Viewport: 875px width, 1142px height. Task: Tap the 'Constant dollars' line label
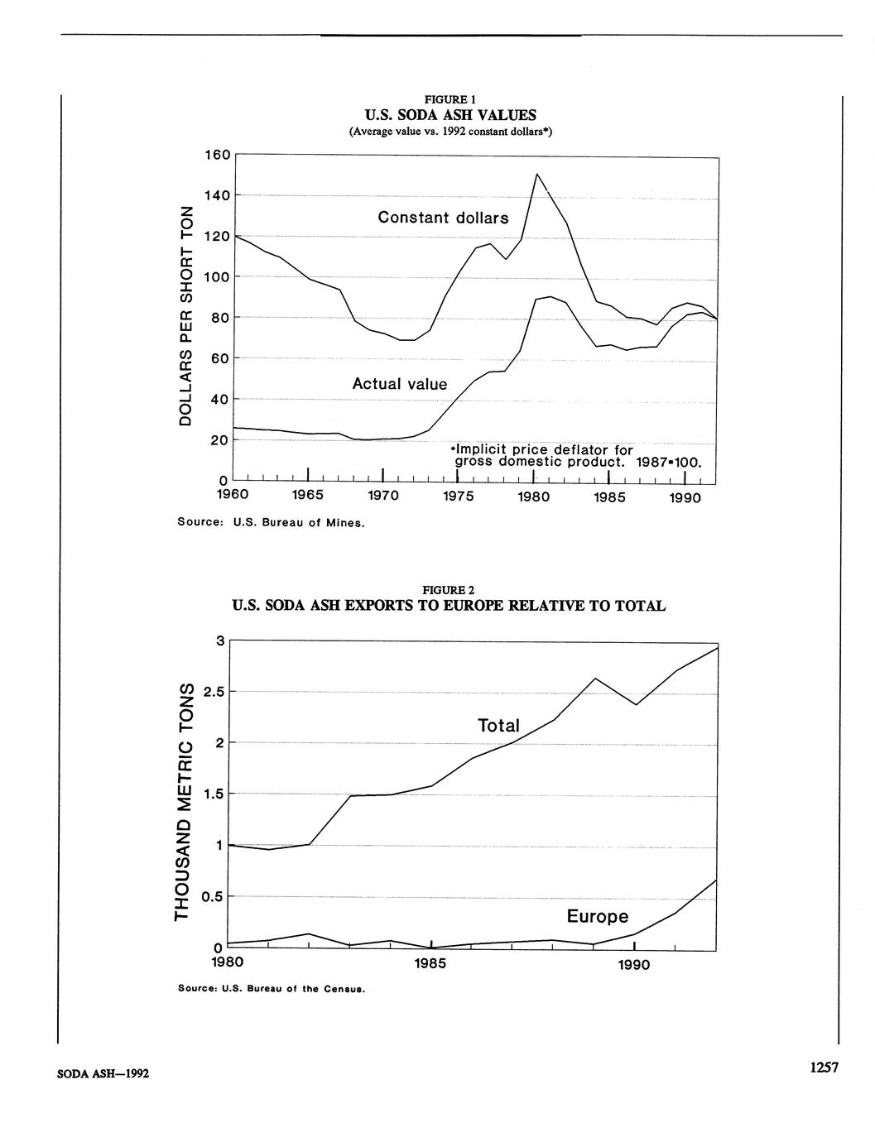pyautogui.click(x=443, y=218)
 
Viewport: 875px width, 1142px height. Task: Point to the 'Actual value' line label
pyautogui.click(x=399, y=384)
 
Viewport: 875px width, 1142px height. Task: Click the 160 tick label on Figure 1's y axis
pyautogui.click(x=217, y=155)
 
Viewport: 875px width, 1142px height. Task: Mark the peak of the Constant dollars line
pyautogui.click(x=537, y=174)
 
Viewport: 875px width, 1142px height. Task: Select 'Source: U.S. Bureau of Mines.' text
pyautogui.click(x=271, y=523)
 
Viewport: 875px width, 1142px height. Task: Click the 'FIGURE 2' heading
pyautogui.click(x=448, y=590)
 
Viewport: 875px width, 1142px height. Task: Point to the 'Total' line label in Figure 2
pyautogui.click(x=498, y=726)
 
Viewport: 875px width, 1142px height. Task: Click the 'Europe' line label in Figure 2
pyautogui.click(x=597, y=917)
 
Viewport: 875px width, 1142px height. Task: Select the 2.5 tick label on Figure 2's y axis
pyautogui.click(x=214, y=692)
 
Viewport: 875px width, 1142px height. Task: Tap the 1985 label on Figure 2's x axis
pyautogui.click(x=430, y=964)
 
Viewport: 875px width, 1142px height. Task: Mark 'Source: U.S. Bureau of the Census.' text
pyautogui.click(x=272, y=989)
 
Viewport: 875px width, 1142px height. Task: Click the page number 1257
pyautogui.click(x=824, y=1068)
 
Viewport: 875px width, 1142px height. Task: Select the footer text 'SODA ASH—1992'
pyautogui.click(x=103, y=1074)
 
